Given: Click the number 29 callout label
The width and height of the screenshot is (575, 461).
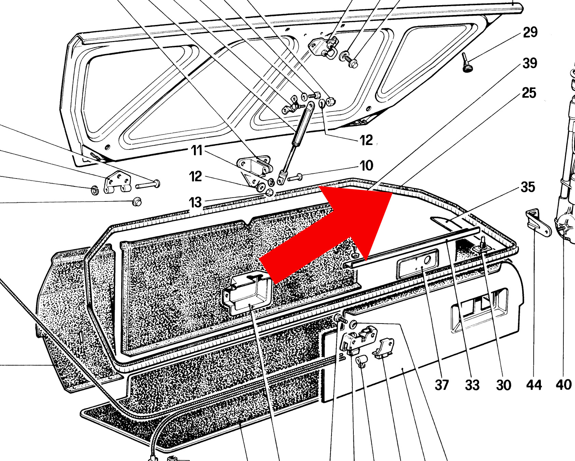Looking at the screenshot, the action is [x=530, y=32].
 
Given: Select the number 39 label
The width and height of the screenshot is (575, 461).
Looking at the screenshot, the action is [x=530, y=63].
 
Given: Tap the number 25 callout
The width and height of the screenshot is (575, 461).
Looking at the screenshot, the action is [x=529, y=93].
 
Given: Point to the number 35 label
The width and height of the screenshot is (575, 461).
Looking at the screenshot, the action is [x=528, y=187].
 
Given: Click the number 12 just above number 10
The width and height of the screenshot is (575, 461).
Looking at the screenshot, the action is [x=366, y=140].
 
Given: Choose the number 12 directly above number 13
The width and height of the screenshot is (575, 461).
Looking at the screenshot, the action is [x=195, y=176].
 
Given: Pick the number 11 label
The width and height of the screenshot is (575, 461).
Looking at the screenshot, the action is [x=197, y=150].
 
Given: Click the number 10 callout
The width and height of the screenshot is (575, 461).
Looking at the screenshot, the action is [x=366, y=166].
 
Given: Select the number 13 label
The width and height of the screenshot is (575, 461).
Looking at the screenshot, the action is [x=195, y=202].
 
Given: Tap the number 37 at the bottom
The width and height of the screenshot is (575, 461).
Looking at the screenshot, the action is [x=441, y=385].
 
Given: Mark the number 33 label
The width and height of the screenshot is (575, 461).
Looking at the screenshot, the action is [x=472, y=385].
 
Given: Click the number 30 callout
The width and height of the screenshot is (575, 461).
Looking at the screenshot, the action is [x=504, y=385].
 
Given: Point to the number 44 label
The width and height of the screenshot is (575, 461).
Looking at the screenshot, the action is [x=534, y=385].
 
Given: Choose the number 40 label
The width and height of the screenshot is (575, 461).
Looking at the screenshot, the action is [x=564, y=385].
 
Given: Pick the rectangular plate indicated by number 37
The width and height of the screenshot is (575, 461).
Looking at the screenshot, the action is [x=418, y=264].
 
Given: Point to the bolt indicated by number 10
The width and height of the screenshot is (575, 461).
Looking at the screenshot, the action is [x=295, y=177].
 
